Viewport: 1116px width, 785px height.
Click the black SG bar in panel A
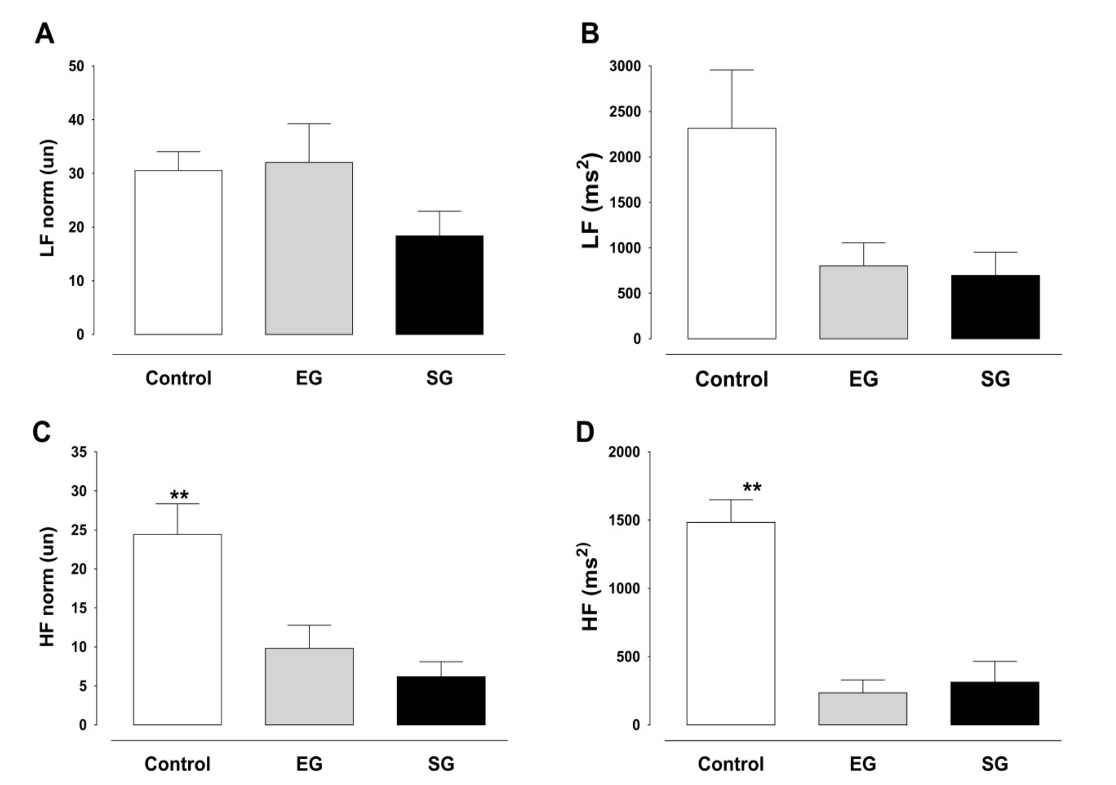439,285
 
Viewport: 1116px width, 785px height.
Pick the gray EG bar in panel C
309,686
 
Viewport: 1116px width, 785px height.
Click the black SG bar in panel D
994,703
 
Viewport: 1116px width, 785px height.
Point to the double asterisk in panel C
179,495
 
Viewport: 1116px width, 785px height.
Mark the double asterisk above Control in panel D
751,487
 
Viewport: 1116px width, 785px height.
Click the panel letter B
589,34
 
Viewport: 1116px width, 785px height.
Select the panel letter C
42,432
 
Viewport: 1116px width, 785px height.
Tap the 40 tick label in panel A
76,120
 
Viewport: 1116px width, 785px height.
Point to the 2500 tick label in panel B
625,112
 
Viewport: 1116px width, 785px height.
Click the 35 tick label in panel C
79,452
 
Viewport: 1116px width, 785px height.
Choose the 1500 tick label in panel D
624,520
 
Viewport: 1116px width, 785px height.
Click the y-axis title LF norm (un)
48,198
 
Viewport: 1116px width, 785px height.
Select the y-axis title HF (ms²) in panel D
589,586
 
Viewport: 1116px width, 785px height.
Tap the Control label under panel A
178,378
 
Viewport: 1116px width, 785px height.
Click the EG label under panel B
863,379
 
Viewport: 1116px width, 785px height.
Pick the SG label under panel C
440,764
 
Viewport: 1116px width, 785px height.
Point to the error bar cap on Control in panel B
732,70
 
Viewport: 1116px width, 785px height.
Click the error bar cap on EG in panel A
309,124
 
